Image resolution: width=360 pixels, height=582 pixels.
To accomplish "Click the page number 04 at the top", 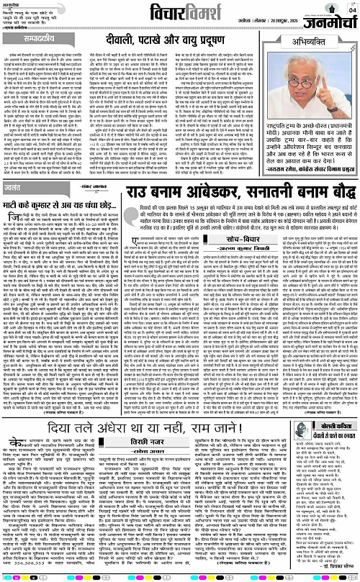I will pos(352,10).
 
